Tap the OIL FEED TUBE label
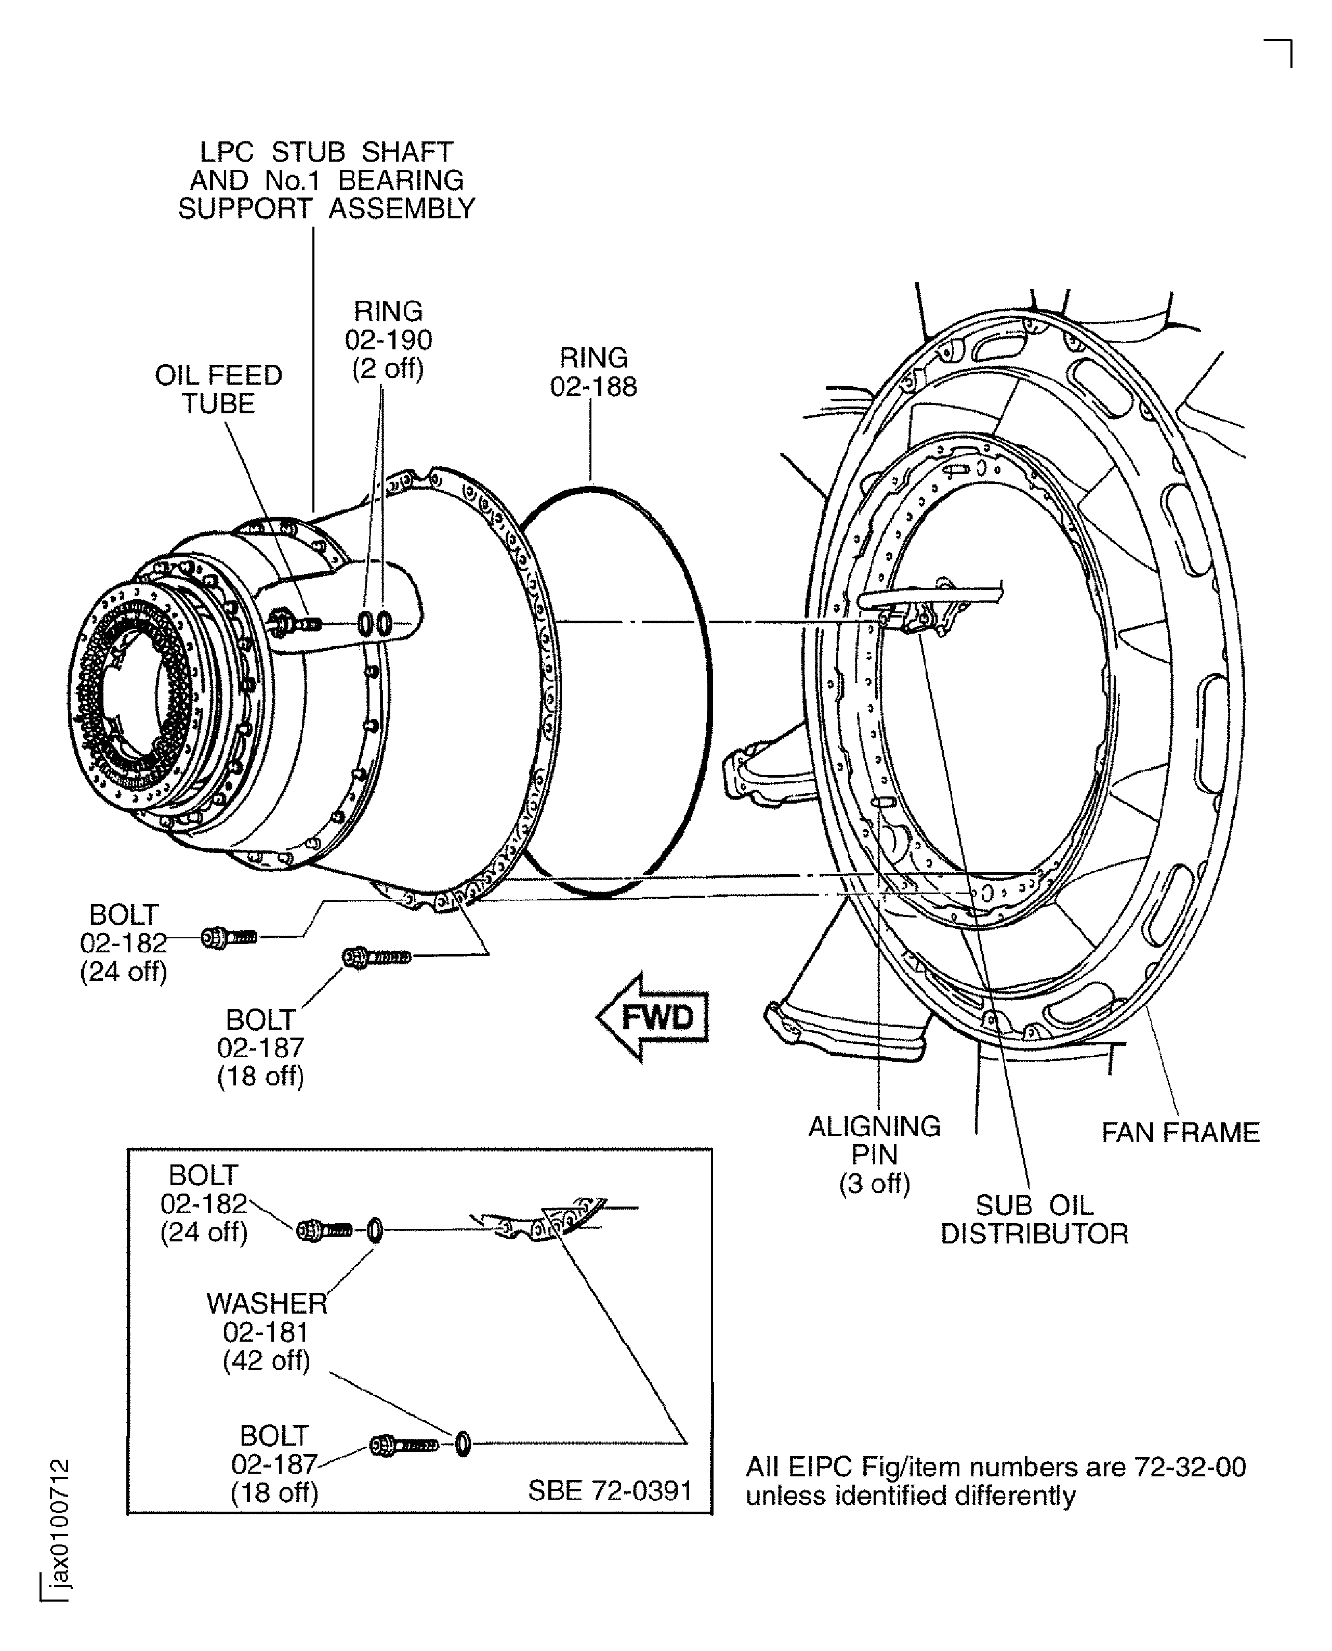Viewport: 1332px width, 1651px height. (x=219, y=389)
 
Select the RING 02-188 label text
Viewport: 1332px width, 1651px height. (x=593, y=372)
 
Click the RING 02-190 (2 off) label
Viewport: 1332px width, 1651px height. (x=388, y=339)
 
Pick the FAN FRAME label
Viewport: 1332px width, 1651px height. (x=1180, y=1133)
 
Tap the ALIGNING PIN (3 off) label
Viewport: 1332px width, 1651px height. (x=875, y=1155)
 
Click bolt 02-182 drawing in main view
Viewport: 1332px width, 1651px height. (x=229, y=937)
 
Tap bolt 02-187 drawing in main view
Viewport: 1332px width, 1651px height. (x=376, y=957)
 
